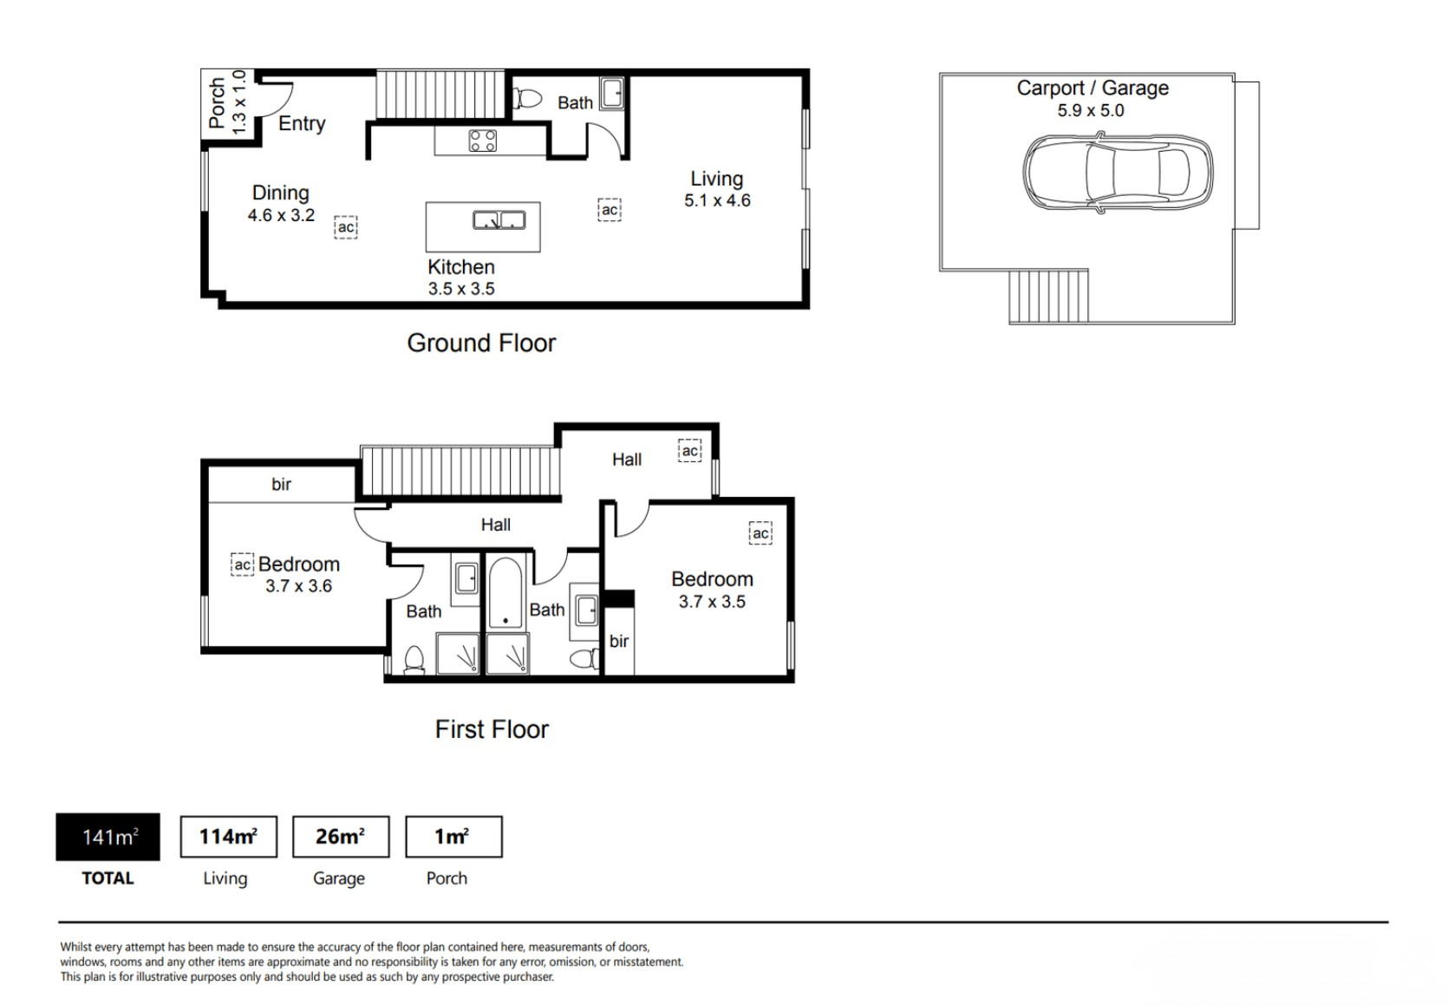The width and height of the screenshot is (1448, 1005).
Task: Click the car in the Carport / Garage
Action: [1118, 173]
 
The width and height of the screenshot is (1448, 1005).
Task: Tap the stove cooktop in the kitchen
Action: [483, 140]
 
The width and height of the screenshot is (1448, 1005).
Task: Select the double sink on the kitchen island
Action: [499, 220]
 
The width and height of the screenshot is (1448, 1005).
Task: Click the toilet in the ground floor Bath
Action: [527, 99]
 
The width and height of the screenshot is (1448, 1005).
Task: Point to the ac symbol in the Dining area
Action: [346, 227]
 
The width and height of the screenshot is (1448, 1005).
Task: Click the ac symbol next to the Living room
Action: [610, 210]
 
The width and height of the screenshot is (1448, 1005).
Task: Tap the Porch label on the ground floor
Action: [218, 103]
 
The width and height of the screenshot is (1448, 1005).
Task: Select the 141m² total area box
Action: [108, 837]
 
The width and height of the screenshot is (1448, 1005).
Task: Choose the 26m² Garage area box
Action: [341, 837]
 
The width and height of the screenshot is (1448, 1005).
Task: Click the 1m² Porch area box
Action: [453, 837]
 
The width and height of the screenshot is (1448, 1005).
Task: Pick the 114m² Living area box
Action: [229, 837]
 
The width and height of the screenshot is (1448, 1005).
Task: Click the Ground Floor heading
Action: [481, 343]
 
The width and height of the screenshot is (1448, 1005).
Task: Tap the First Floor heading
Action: [492, 729]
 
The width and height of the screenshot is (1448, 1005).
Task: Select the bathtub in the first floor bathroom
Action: [505, 592]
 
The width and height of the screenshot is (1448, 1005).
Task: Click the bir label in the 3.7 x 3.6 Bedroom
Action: [281, 484]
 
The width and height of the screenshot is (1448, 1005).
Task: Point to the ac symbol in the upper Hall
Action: [689, 451]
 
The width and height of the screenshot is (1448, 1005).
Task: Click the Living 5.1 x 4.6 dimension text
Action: [718, 201]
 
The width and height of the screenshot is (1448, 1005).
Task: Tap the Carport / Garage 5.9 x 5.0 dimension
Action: [1091, 110]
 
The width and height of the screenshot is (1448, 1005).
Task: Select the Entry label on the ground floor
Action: [302, 123]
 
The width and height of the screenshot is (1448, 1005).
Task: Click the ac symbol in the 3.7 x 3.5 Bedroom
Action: [760, 533]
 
